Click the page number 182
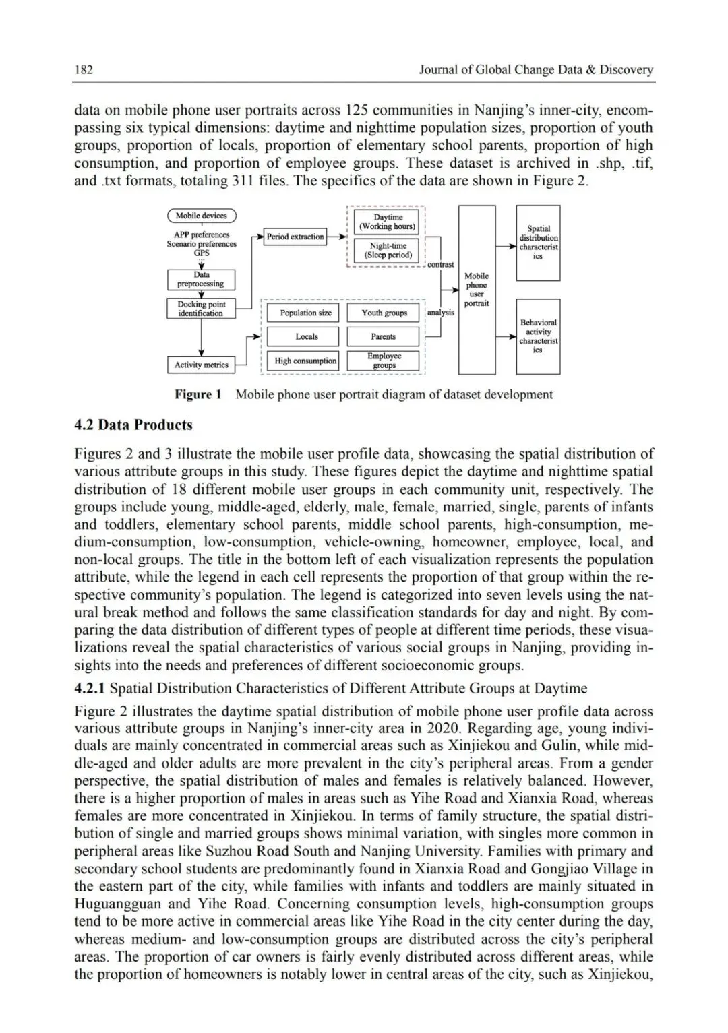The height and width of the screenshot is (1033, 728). (84, 69)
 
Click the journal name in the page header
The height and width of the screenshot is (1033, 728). (536, 69)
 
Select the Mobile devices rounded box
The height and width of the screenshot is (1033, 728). (202, 216)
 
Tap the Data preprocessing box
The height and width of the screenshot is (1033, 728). (201, 280)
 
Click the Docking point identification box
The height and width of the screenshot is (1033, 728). (201, 309)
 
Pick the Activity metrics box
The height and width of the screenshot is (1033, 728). (201, 365)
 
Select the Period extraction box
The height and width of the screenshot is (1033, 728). (295, 237)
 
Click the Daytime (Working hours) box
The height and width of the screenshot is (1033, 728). (387, 222)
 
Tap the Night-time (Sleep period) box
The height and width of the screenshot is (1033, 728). (387, 251)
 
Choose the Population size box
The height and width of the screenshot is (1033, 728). (306, 313)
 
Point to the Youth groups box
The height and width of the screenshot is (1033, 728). (384, 313)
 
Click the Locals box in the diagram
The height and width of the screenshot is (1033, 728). (306, 336)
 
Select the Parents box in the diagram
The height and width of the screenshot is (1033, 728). (383, 336)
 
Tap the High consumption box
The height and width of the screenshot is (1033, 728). (305, 361)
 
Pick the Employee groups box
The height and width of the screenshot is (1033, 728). (384, 361)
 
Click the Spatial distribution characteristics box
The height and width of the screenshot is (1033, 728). (538, 243)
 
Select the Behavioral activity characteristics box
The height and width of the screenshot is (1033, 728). (538, 336)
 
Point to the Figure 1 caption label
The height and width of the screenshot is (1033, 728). (198, 395)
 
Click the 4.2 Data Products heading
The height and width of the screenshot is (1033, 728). (133, 425)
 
